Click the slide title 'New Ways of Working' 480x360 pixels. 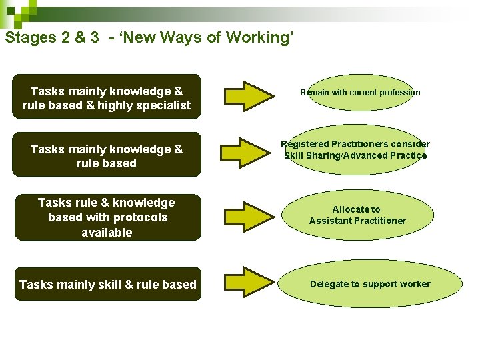click(x=227, y=37)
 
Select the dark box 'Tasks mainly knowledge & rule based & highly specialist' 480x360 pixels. click(x=107, y=97)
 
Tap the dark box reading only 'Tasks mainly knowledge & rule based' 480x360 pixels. click(x=107, y=156)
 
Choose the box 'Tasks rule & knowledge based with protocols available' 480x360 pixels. click(x=107, y=217)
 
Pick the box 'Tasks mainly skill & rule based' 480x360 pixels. click(x=107, y=285)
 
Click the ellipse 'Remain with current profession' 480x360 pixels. click(x=360, y=93)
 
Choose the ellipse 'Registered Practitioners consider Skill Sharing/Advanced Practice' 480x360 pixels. click(x=355, y=150)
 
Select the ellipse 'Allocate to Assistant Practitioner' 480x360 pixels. click(x=357, y=215)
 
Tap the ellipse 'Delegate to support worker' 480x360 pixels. click(x=370, y=284)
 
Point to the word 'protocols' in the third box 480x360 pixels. click(x=140, y=217)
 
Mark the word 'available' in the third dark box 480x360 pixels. click(x=107, y=233)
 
